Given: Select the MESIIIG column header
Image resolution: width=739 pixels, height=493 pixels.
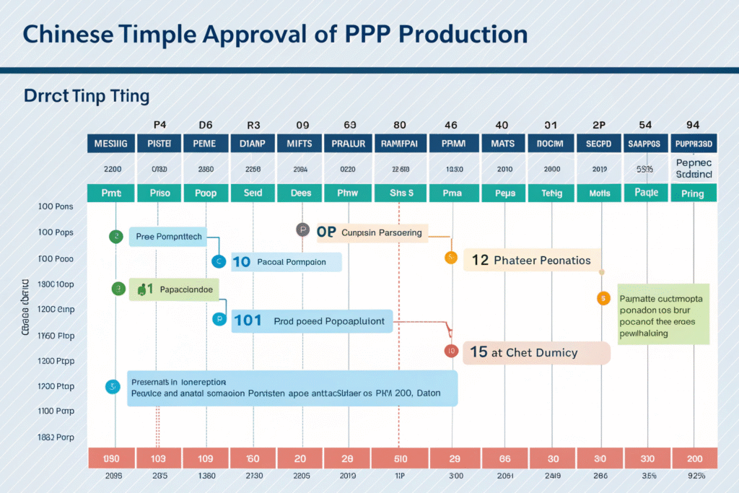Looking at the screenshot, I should (x=110, y=144).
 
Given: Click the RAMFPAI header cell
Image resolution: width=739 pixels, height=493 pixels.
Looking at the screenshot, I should (x=399, y=144).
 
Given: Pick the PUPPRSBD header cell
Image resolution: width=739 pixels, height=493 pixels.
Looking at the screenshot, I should (x=693, y=144).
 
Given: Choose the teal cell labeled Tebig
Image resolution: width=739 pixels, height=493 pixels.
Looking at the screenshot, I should (x=551, y=193).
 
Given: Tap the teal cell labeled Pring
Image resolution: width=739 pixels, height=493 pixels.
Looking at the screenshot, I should (x=693, y=193).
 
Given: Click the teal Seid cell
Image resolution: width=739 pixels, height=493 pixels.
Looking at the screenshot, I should (x=253, y=193).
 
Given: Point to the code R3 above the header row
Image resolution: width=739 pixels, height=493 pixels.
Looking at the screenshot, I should (x=253, y=125).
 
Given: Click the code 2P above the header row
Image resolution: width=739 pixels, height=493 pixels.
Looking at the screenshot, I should (x=599, y=125).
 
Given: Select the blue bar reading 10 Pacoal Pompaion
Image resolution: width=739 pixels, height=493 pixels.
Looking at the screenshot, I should (x=285, y=262).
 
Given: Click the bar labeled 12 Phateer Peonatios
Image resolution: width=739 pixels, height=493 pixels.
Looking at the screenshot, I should (x=532, y=260).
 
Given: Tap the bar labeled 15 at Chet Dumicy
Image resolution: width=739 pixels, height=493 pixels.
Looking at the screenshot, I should (x=536, y=352).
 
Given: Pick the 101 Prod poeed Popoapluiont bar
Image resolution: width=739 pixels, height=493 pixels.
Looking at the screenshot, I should (x=312, y=320).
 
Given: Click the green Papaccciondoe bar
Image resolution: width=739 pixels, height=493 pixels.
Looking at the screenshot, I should (x=173, y=289).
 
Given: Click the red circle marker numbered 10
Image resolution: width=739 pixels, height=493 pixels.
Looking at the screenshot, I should (x=450, y=352).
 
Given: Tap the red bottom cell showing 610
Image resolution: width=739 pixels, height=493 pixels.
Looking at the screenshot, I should (x=399, y=458).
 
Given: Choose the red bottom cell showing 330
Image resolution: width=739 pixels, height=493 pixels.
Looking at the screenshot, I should (x=646, y=458).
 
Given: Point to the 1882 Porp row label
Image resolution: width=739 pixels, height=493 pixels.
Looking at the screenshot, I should (x=55, y=437).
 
